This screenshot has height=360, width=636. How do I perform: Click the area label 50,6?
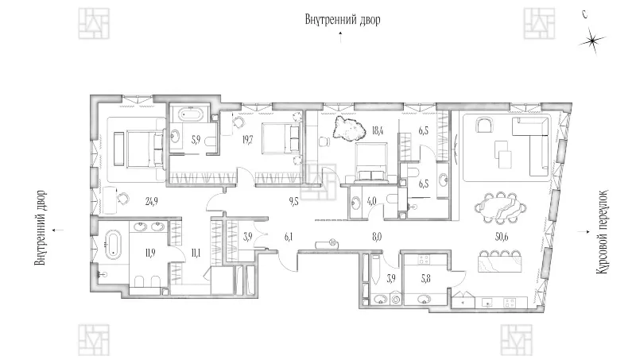click(502, 237)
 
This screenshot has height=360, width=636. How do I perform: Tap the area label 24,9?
click(151, 201)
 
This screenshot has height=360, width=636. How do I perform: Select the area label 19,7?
click(247, 141)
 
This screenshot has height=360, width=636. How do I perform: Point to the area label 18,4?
click(378, 130)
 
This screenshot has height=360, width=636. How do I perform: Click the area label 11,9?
click(150, 254)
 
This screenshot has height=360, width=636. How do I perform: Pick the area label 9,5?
click(293, 201)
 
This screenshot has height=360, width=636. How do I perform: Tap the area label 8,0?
click(377, 237)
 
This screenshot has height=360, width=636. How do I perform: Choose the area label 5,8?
click(425, 278)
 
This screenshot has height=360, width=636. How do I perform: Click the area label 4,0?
click(371, 201)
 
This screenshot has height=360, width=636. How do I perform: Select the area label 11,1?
click(196, 254)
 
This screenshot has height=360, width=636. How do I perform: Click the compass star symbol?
click(592, 41)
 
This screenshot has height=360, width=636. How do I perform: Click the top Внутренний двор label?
click(343, 19)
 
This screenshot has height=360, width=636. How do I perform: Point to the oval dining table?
click(502, 207)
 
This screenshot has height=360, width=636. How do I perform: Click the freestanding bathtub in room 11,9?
click(112, 245)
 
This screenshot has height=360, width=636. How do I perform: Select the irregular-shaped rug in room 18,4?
click(348, 128)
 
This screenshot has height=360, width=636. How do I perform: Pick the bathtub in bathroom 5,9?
click(190, 114)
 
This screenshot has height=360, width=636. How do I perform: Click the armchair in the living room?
click(483, 125)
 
